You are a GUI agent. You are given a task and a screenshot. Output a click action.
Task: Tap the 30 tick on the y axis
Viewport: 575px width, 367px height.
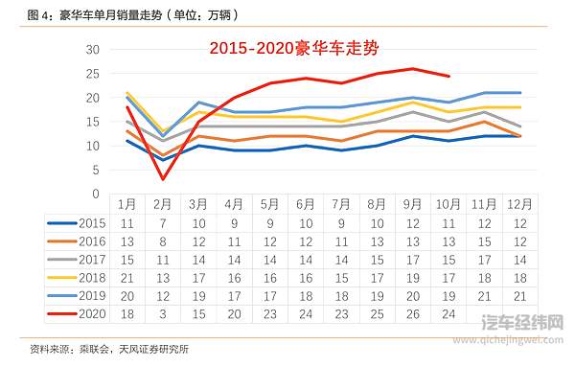click(92, 50)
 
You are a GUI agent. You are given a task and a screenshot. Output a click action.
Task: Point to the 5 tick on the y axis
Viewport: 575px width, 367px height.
click(96, 170)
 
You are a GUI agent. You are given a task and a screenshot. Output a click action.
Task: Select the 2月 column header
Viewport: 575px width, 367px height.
click(162, 205)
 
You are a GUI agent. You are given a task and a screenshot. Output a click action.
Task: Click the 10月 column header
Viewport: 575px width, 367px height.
click(448, 205)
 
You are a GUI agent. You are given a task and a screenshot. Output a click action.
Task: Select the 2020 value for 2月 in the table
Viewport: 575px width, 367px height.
click(162, 312)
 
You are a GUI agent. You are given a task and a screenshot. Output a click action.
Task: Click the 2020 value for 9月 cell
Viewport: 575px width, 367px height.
click(413, 312)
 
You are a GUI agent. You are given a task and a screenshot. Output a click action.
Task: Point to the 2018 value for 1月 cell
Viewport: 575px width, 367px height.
click(126, 276)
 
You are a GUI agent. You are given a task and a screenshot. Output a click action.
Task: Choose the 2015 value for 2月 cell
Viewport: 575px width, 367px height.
click(162, 222)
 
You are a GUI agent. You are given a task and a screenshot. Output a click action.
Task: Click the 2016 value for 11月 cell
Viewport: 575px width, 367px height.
click(485, 241)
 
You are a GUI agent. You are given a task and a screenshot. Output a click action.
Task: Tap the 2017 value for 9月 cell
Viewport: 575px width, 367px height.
click(413, 259)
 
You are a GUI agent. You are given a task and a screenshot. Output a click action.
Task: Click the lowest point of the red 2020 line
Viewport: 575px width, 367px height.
click(163, 179)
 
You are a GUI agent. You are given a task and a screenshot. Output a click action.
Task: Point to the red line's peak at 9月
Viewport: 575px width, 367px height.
click(413, 68)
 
